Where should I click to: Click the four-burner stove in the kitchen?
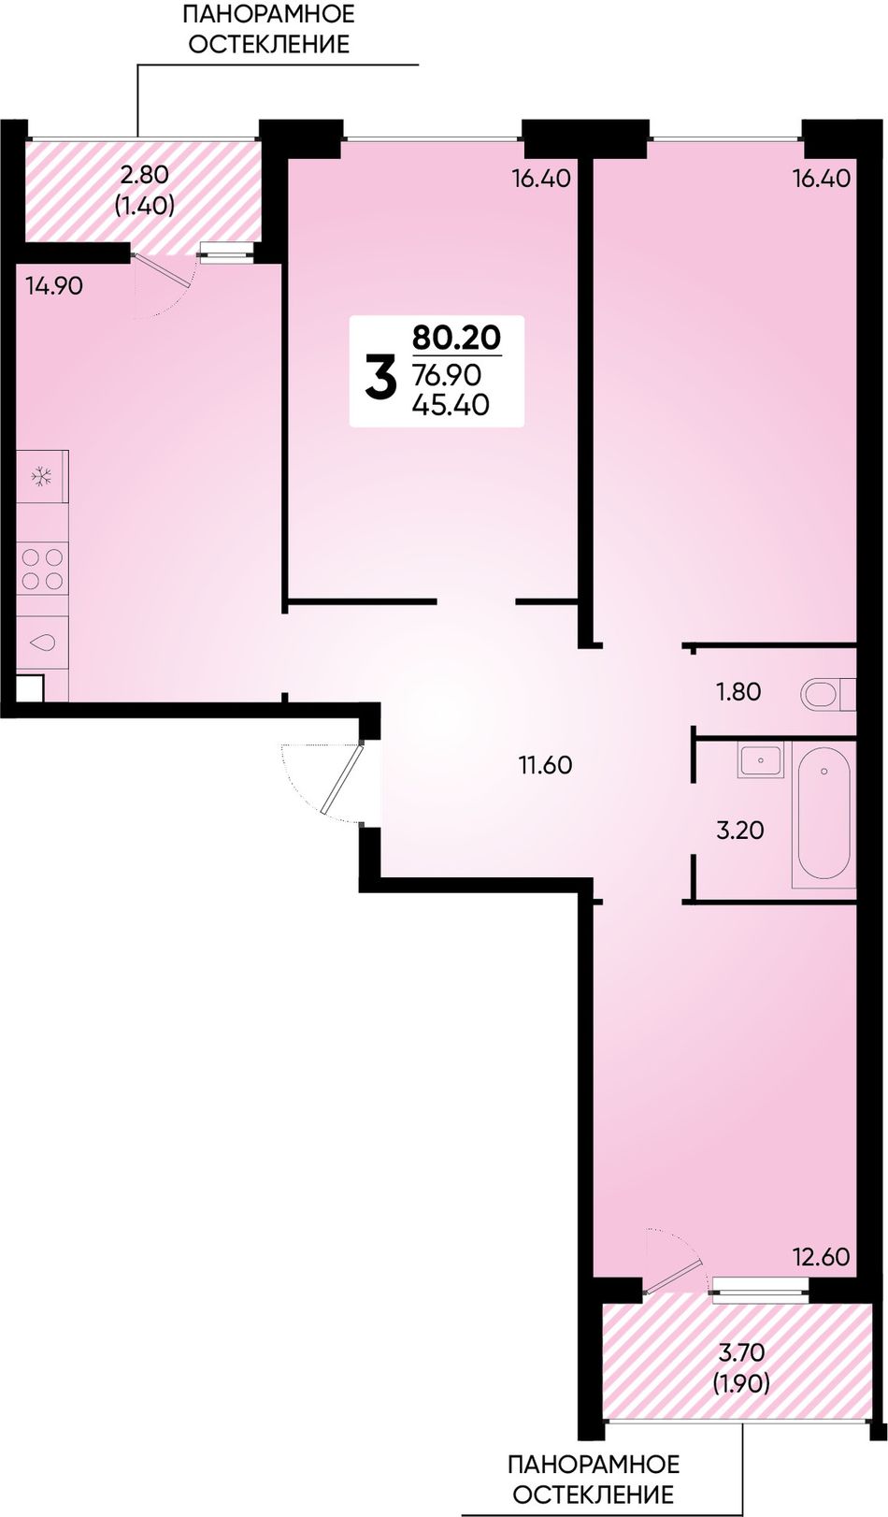point(43,569)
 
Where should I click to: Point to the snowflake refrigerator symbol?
point(43,477)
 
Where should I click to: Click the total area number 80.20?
point(457,338)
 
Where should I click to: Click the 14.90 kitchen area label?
point(54,286)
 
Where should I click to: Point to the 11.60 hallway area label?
point(545,766)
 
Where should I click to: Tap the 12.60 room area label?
point(822,1257)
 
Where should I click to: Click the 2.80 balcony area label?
point(144,176)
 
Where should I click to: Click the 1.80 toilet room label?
point(738,692)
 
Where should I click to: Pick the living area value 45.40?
point(451,405)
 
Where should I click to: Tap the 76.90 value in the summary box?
point(450,374)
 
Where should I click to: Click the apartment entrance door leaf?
point(344,777)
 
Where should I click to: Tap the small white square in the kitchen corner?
point(30,688)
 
